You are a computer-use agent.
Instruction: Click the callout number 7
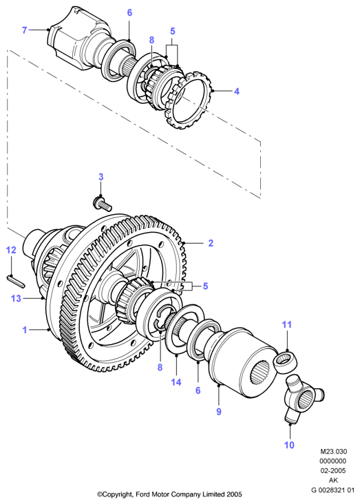(x=24, y=30)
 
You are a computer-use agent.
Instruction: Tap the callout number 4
(x=237, y=92)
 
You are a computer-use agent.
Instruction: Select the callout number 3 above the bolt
(x=101, y=177)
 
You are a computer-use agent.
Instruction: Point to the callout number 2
(x=211, y=243)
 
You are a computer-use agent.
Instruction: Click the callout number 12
(x=11, y=250)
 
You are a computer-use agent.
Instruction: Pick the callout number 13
(x=16, y=298)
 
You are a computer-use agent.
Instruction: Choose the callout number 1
(x=24, y=330)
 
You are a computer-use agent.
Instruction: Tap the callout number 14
(x=176, y=382)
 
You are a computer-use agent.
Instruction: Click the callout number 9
(x=219, y=412)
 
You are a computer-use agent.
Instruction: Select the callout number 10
(x=289, y=445)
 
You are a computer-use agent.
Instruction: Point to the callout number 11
(x=287, y=325)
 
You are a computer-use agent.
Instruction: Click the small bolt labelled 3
(x=102, y=204)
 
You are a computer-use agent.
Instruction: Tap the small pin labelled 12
(x=16, y=281)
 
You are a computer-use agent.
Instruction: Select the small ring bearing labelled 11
(x=285, y=362)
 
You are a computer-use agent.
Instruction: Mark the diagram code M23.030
(x=333, y=452)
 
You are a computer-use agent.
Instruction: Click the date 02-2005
(x=333, y=470)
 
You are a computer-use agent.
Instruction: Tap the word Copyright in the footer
(x=116, y=494)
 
